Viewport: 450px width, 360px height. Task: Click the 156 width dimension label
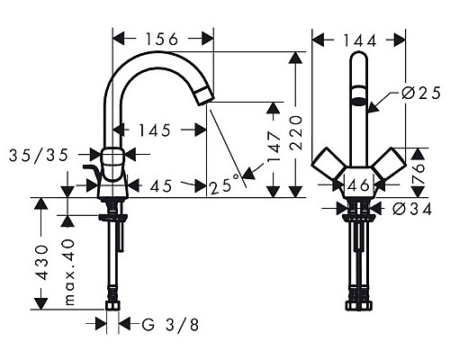pos(162,39)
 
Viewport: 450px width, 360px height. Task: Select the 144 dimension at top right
pos(357,39)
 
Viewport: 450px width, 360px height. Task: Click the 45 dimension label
pos(162,186)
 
